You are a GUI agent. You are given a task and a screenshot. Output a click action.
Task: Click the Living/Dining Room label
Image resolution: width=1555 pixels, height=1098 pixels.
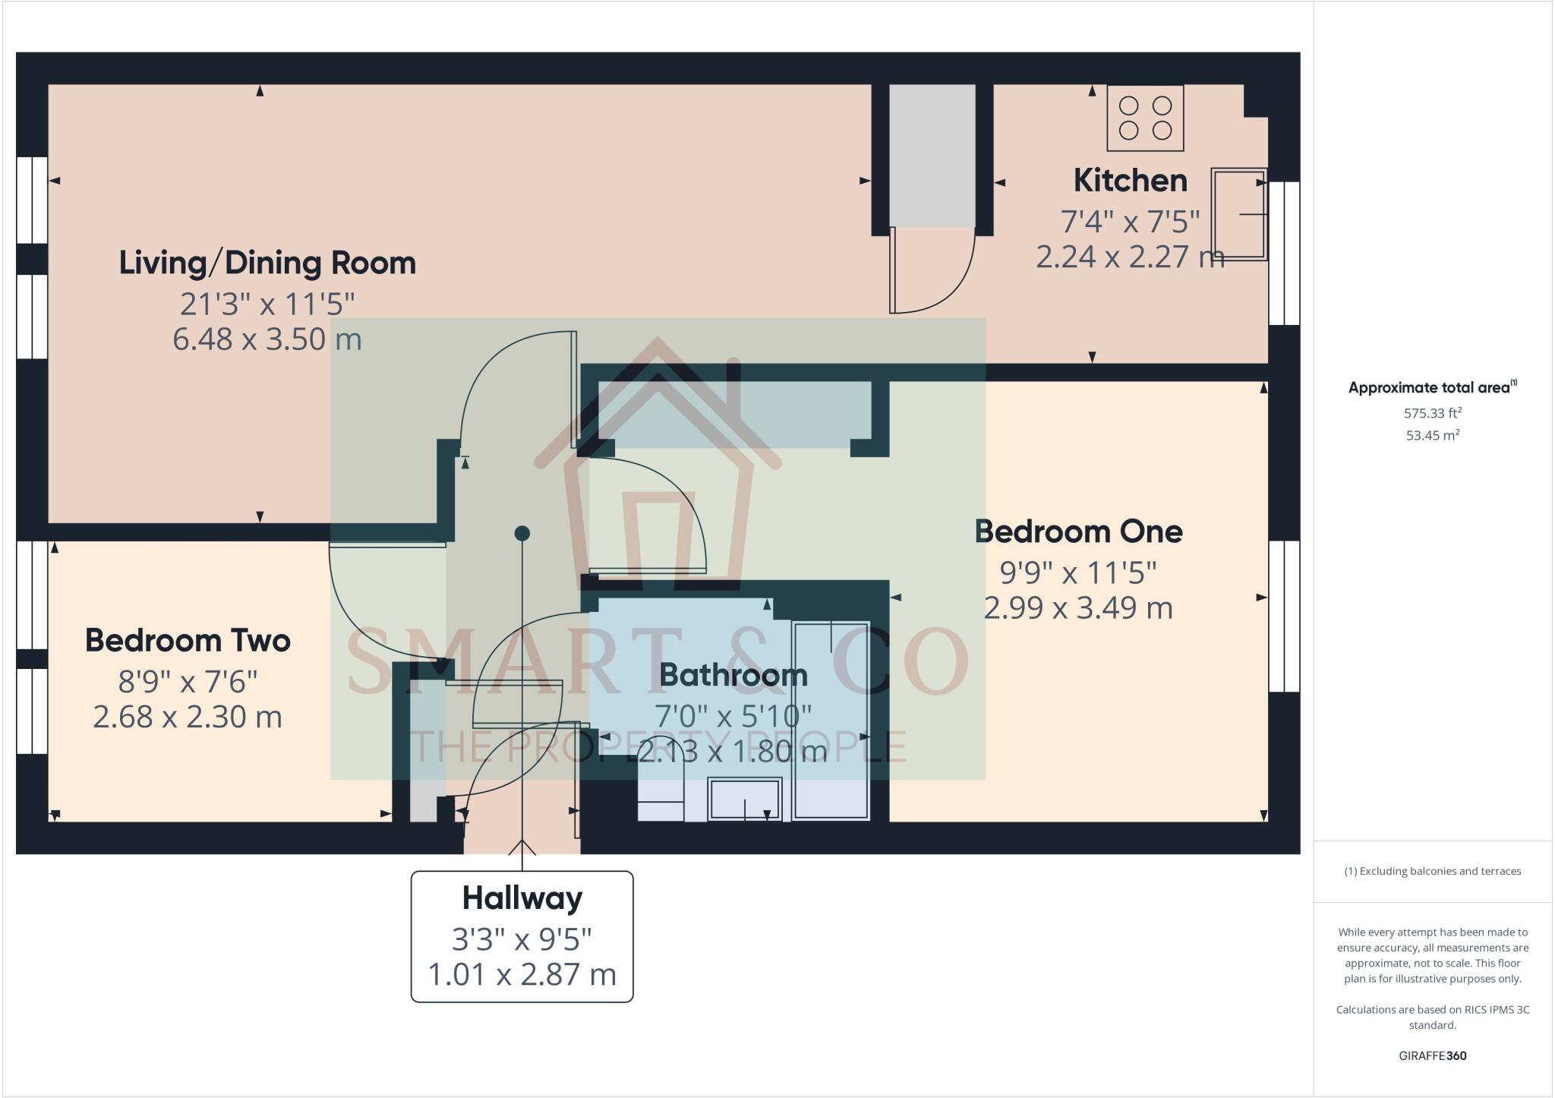(x=267, y=263)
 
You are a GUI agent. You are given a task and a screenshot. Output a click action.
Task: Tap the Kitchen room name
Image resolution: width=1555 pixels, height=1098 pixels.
(x=1130, y=181)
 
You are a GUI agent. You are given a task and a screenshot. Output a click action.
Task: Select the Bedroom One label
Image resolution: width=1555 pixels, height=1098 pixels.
(x=1078, y=532)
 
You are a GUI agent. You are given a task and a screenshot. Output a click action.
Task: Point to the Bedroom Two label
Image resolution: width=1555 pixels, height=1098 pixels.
(x=188, y=641)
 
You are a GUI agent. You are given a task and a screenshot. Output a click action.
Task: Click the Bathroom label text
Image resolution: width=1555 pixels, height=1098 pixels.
(x=733, y=675)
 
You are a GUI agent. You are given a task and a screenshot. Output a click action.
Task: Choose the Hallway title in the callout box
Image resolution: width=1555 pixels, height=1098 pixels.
(x=522, y=899)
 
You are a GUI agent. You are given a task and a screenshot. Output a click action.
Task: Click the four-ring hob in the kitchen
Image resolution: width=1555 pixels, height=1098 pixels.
(x=1145, y=118)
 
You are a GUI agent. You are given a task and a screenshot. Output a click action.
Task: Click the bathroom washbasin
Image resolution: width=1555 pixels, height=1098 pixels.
(x=745, y=799)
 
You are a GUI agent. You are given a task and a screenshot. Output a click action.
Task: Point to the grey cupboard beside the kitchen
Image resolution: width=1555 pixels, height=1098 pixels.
(x=932, y=156)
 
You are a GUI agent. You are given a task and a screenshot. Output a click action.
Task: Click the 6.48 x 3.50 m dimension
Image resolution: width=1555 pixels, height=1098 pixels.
(x=267, y=339)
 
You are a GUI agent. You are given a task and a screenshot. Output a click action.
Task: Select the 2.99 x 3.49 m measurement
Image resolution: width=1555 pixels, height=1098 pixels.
(x=1078, y=607)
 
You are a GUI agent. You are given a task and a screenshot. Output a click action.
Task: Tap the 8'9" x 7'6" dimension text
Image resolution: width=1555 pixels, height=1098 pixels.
(x=188, y=682)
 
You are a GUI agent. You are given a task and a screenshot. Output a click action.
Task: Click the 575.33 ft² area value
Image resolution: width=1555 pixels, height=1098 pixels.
(x=1433, y=414)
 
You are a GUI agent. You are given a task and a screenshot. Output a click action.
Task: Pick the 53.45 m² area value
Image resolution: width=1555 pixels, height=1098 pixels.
(x=1433, y=436)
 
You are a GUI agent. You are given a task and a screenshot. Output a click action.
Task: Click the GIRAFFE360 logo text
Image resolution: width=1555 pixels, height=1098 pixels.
(x=1433, y=1055)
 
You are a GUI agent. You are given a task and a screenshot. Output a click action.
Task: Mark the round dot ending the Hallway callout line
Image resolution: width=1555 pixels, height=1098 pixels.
(x=522, y=534)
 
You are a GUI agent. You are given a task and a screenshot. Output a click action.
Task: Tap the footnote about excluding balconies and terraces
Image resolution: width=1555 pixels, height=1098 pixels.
(x=1433, y=871)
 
